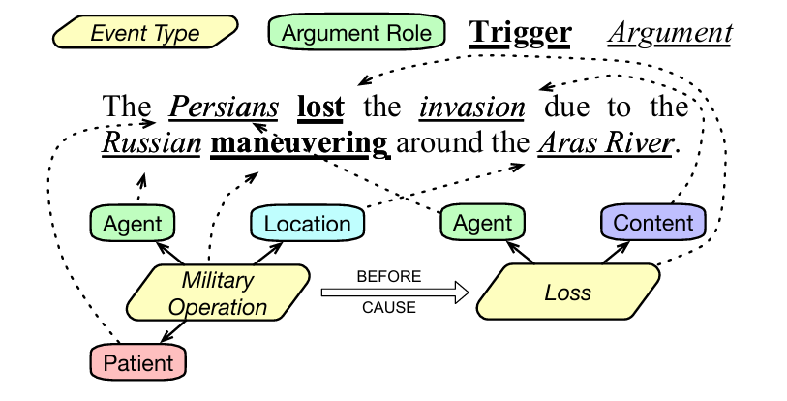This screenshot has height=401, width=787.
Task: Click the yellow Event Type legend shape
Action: coord(145,33)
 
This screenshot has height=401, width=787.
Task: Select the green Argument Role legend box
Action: coord(355,33)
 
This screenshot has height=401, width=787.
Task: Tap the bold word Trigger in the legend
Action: coord(520,33)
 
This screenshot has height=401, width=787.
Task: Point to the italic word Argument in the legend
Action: coord(669,33)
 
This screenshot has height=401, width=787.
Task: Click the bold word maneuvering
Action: coord(300,145)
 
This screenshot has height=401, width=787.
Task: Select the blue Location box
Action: coord(307,224)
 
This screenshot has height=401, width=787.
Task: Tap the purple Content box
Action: coord(653,223)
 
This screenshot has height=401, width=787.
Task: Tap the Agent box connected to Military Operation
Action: coord(133,224)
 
